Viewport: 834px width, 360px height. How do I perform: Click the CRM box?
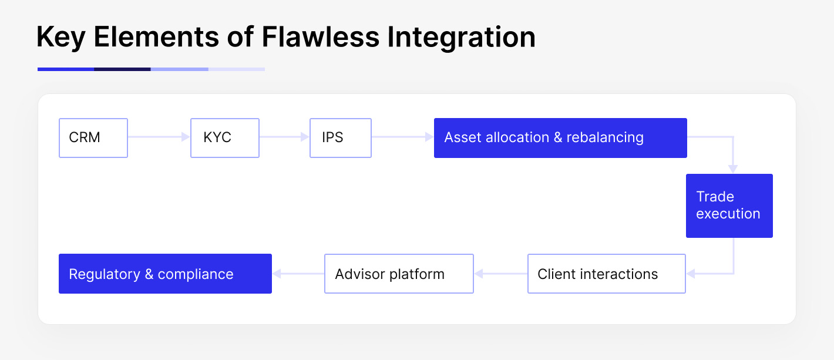(x=93, y=137)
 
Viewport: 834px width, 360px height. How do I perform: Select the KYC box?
(x=224, y=137)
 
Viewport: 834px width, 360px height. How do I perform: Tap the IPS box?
(x=341, y=137)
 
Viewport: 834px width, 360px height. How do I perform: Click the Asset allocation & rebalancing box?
(x=560, y=137)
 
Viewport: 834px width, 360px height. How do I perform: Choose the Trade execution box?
(x=729, y=206)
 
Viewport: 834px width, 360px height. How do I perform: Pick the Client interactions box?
(x=606, y=274)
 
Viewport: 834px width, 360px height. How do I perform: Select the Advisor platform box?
(x=399, y=274)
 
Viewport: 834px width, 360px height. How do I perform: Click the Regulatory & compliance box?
(x=165, y=274)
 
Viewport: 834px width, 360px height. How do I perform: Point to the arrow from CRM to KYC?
(x=159, y=137)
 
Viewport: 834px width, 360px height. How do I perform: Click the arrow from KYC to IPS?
(x=284, y=137)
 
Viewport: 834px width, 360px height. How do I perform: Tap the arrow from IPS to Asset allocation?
(x=402, y=137)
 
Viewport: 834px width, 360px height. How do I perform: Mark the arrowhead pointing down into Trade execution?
(x=733, y=169)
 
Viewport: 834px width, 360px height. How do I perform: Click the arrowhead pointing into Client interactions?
(x=691, y=274)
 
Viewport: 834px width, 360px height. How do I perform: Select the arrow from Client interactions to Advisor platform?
(x=500, y=274)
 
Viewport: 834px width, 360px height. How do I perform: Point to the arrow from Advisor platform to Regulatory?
(x=298, y=274)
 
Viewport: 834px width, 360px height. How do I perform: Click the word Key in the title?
(x=61, y=38)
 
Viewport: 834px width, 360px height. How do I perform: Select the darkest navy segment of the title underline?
(x=122, y=69)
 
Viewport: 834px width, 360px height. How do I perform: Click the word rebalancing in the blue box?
(x=605, y=137)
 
